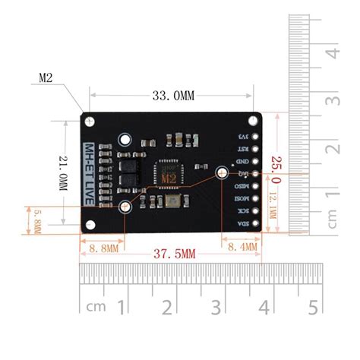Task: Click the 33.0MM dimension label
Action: [x=173, y=96]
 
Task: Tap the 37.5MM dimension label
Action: [x=174, y=253]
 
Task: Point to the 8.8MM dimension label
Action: [x=102, y=247]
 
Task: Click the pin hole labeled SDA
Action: [x=255, y=223]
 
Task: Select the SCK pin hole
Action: [x=255, y=210]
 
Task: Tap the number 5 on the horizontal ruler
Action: [x=312, y=307]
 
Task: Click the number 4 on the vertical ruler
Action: [x=331, y=54]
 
